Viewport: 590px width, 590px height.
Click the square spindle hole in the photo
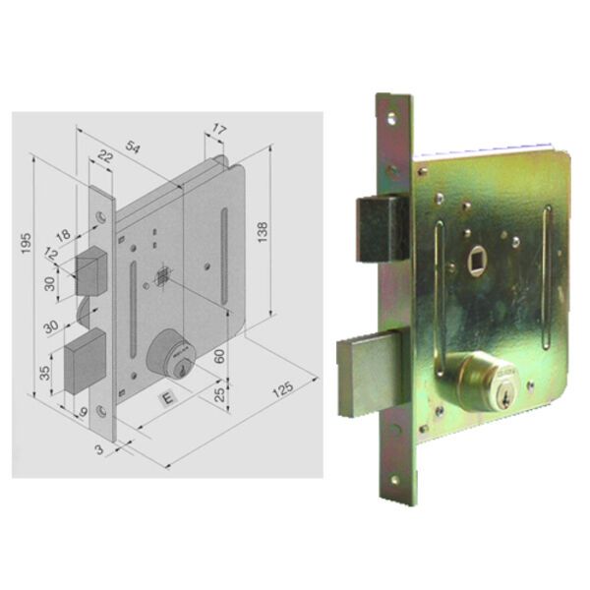pos(476,264)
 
